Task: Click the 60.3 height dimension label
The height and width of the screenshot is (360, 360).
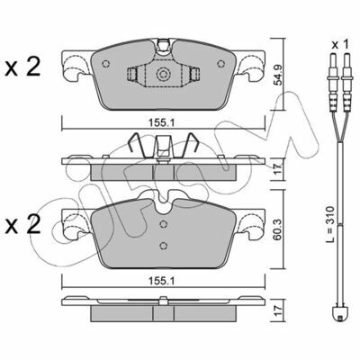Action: (278, 229)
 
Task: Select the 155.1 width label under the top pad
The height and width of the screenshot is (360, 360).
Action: (163, 122)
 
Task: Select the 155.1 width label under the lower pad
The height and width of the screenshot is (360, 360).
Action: (163, 281)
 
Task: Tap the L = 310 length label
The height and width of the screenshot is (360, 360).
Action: (330, 224)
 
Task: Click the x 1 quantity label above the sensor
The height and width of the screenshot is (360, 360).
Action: (340, 45)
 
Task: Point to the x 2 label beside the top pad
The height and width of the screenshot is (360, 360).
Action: (22, 67)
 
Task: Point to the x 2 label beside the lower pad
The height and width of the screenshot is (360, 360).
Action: (22, 225)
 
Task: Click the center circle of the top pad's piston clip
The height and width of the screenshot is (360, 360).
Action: (163, 74)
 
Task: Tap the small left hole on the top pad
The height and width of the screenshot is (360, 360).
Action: (105, 64)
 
